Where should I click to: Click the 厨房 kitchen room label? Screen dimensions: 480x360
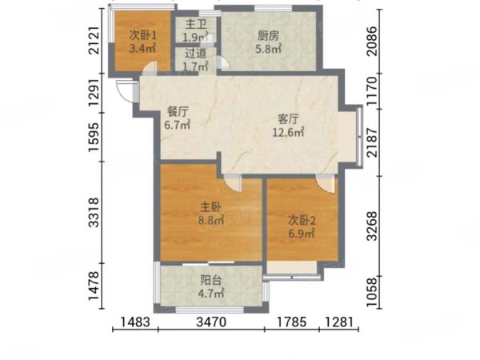pyautogui.click(x=268, y=37)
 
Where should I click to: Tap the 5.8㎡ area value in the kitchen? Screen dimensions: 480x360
pyautogui.click(x=269, y=49)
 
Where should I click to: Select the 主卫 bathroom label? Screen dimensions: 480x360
pyautogui.click(x=196, y=25)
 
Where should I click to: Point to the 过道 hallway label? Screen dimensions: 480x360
pyautogui.click(x=196, y=54)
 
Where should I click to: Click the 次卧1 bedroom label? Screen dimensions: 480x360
pyautogui.click(x=143, y=35)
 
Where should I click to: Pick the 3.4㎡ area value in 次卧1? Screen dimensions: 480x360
pyautogui.click(x=143, y=48)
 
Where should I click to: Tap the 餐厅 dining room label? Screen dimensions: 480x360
pyautogui.click(x=178, y=112)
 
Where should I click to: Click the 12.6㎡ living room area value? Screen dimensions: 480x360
pyautogui.click(x=288, y=132)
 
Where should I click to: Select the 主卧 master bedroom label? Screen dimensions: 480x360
pyautogui.click(x=210, y=207)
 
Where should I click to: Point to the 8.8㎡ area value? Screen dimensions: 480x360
pyautogui.click(x=211, y=220)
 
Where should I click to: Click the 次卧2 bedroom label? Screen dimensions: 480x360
pyautogui.click(x=302, y=221)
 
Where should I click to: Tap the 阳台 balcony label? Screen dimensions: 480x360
pyautogui.click(x=211, y=280)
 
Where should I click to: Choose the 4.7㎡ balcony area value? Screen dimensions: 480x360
pyautogui.click(x=211, y=294)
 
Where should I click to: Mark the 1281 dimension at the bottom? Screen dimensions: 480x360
pyautogui.click(x=339, y=322)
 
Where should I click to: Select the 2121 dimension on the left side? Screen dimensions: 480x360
pyautogui.click(x=94, y=41)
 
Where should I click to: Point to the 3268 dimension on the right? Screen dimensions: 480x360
pyautogui.click(x=373, y=226)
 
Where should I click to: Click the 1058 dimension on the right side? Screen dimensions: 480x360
pyautogui.click(x=373, y=292)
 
